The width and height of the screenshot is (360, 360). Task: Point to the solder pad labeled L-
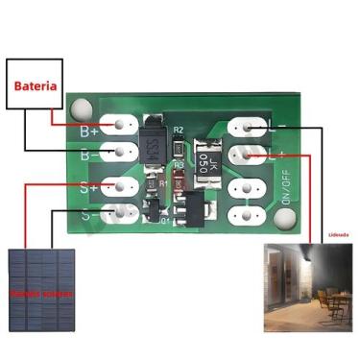[x=247, y=126]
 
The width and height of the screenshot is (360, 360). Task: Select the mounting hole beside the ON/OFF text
[x=284, y=219]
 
